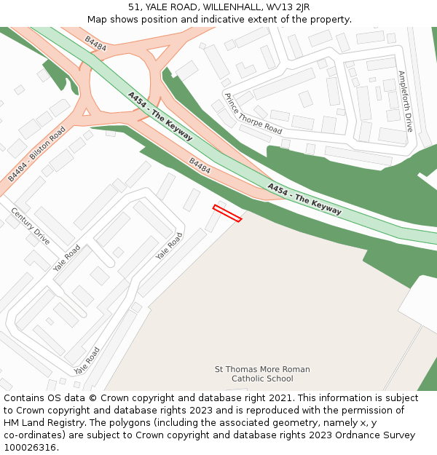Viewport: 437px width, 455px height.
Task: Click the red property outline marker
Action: click(227, 213)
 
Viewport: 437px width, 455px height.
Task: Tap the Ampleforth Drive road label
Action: click(405, 101)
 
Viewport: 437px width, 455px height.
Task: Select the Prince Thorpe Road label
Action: click(253, 114)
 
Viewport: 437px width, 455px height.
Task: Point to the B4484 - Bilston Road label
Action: click(36, 154)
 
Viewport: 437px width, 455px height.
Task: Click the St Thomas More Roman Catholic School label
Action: click(262, 374)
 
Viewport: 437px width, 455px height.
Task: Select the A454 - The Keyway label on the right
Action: click(304, 199)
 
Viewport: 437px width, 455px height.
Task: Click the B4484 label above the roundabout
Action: click(95, 44)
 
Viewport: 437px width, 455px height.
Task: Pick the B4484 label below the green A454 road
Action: click(200, 166)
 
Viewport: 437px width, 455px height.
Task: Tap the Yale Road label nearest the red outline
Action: click(170, 246)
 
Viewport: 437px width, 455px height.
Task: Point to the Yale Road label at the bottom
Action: click(87, 360)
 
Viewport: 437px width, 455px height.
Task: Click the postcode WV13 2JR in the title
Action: click(291, 7)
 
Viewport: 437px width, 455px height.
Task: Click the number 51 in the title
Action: click(134, 7)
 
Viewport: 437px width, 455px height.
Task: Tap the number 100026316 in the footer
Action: click(30, 447)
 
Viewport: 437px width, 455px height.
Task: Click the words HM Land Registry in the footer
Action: click(41, 422)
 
